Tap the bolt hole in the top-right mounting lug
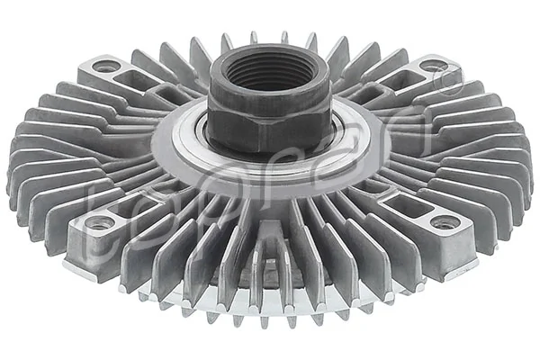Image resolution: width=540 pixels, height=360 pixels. pyautogui.click(x=433, y=65)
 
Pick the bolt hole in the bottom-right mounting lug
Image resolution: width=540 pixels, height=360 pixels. pyautogui.click(x=440, y=222)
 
